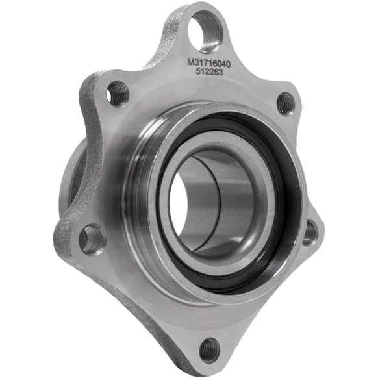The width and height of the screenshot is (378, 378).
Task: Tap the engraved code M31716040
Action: pyautogui.click(x=209, y=64)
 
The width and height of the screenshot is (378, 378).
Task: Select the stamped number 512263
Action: pyautogui.click(x=209, y=72)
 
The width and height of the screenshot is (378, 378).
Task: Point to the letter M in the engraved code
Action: pyautogui.click(x=190, y=62)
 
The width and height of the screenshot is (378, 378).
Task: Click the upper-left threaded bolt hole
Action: pyautogui.click(x=118, y=94)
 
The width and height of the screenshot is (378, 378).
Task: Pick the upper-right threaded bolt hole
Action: pyautogui.click(x=286, y=104)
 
